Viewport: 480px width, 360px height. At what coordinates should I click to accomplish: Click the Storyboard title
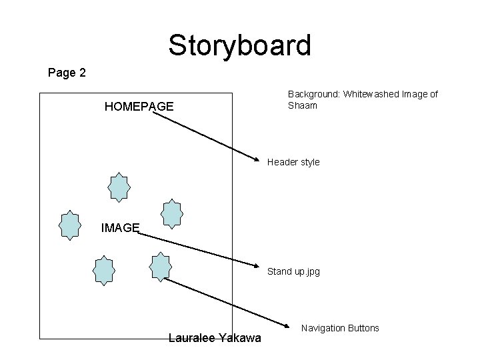(239, 45)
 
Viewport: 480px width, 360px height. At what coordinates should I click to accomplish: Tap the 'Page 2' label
(67, 73)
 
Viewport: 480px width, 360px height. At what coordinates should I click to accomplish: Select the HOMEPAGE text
(139, 106)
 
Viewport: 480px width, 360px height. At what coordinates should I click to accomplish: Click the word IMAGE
(120, 228)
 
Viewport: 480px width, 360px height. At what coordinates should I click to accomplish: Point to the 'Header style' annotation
(293, 162)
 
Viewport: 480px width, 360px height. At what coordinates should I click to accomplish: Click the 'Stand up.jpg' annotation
(293, 272)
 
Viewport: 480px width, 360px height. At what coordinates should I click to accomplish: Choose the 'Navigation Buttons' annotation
(340, 328)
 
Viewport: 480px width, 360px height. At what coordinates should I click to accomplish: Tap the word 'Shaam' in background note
(302, 105)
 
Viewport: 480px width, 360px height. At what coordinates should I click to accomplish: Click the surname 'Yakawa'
(239, 338)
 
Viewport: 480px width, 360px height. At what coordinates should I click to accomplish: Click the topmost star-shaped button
(119, 187)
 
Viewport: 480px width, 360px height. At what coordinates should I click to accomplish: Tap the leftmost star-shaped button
(69, 225)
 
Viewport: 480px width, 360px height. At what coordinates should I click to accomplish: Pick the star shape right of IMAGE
(172, 213)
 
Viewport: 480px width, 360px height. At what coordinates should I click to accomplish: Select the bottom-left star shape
(103, 270)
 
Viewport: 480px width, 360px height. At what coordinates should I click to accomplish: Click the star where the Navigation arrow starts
(161, 266)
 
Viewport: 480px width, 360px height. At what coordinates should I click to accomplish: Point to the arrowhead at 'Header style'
(260, 161)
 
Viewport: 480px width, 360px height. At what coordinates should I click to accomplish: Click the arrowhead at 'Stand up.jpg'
(260, 268)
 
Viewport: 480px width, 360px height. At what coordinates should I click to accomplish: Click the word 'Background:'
(314, 95)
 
